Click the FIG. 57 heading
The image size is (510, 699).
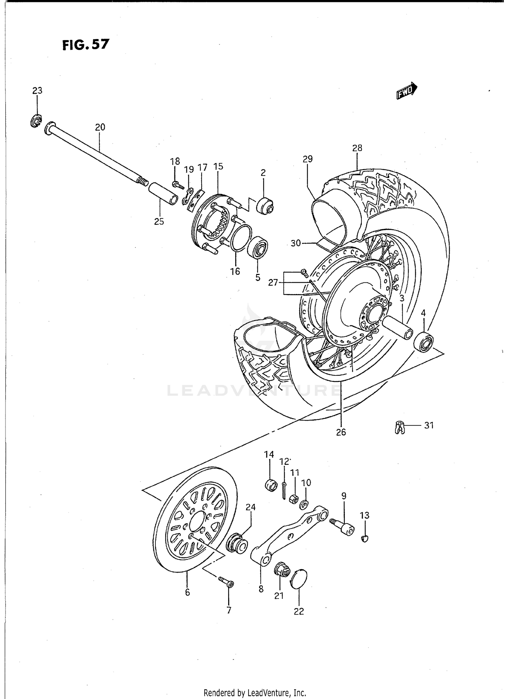tap(86, 44)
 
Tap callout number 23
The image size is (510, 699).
tap(37, 91)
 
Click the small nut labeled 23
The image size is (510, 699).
tap(35, 121)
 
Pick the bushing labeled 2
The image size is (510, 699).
tap(265, 205)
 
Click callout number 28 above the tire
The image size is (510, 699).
tap(357, 148)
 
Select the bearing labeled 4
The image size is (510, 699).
tap(423, 343)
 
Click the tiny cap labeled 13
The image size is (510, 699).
tap(364, 538)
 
